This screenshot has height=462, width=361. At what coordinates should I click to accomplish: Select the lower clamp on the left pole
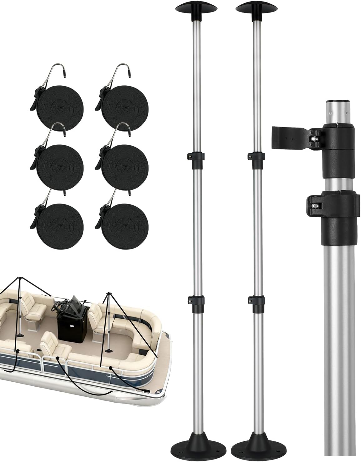coord(195,300)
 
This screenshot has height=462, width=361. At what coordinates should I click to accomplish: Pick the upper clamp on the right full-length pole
coord(254,156)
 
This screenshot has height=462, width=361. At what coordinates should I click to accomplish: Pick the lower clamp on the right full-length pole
coord(255,300)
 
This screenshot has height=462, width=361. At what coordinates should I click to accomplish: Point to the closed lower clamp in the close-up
coord(331,205)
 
